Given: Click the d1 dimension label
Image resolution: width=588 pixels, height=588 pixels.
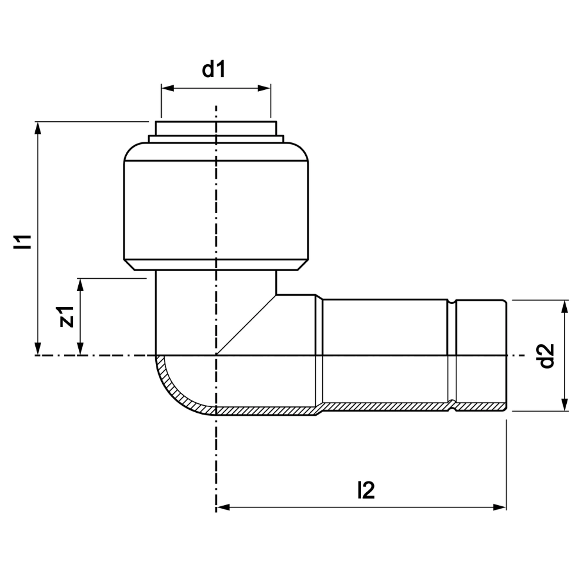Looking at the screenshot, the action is pyautogui.click(x=214, y=70).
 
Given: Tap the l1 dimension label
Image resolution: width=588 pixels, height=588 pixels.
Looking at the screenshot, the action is pyautogui.click(x=22, y=242).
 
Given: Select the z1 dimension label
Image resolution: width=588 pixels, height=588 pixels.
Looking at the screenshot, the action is pyautogui.click(x=66, y=317).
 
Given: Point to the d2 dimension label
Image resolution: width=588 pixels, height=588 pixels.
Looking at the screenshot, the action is pyautogui.click(x=546, y=356).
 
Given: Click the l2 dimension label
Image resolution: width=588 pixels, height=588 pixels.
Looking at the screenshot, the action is pyautogui.click(x=366, y=490).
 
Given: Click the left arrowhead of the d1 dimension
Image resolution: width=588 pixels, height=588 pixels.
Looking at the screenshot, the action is pyautogui.click(x=168, y=88).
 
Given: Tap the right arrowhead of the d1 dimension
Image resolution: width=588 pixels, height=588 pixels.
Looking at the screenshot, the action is pyautogui.click(x=265, y=88).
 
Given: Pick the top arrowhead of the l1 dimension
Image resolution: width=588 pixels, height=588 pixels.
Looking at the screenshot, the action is pyautogui.click(x=38, y=128).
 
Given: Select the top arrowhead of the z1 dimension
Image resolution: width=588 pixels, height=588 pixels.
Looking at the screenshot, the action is pyautogui.click(x=80, y=285).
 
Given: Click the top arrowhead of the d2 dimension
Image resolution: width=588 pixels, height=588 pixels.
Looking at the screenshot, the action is pyautogui.click(x=565, y=306).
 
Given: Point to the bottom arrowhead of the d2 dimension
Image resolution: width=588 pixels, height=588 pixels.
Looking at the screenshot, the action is pyautogui.click(x=565, y=405).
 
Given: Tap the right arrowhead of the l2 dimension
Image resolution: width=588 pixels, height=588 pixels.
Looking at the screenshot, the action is pyautogui.click(x=500, y=507).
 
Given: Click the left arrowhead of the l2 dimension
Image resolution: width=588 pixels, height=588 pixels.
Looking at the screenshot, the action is pyautogui.click(x=223, y=507).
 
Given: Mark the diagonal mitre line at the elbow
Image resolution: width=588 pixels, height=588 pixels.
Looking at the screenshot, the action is pyautogui.click(x=246, y=325).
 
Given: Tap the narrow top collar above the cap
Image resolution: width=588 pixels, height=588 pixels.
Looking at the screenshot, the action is pyautogui.click(x=216, y=128).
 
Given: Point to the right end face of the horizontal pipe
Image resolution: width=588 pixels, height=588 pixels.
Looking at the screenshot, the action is pyautogui.click(x=507, y=356).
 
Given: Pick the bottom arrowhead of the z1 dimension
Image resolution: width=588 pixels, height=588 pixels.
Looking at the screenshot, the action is pyautogui.click(x=80, y=349).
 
